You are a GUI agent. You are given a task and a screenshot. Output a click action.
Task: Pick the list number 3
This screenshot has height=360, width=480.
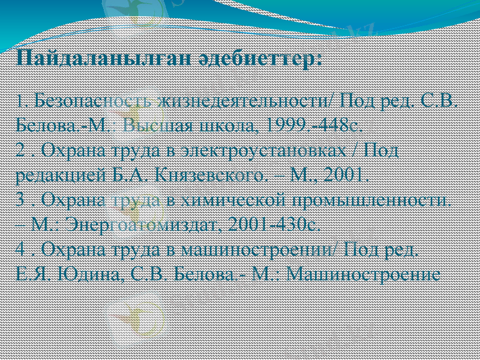coord(20,200)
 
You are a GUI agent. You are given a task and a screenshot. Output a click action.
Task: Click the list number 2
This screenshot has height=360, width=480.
coord(20,150)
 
